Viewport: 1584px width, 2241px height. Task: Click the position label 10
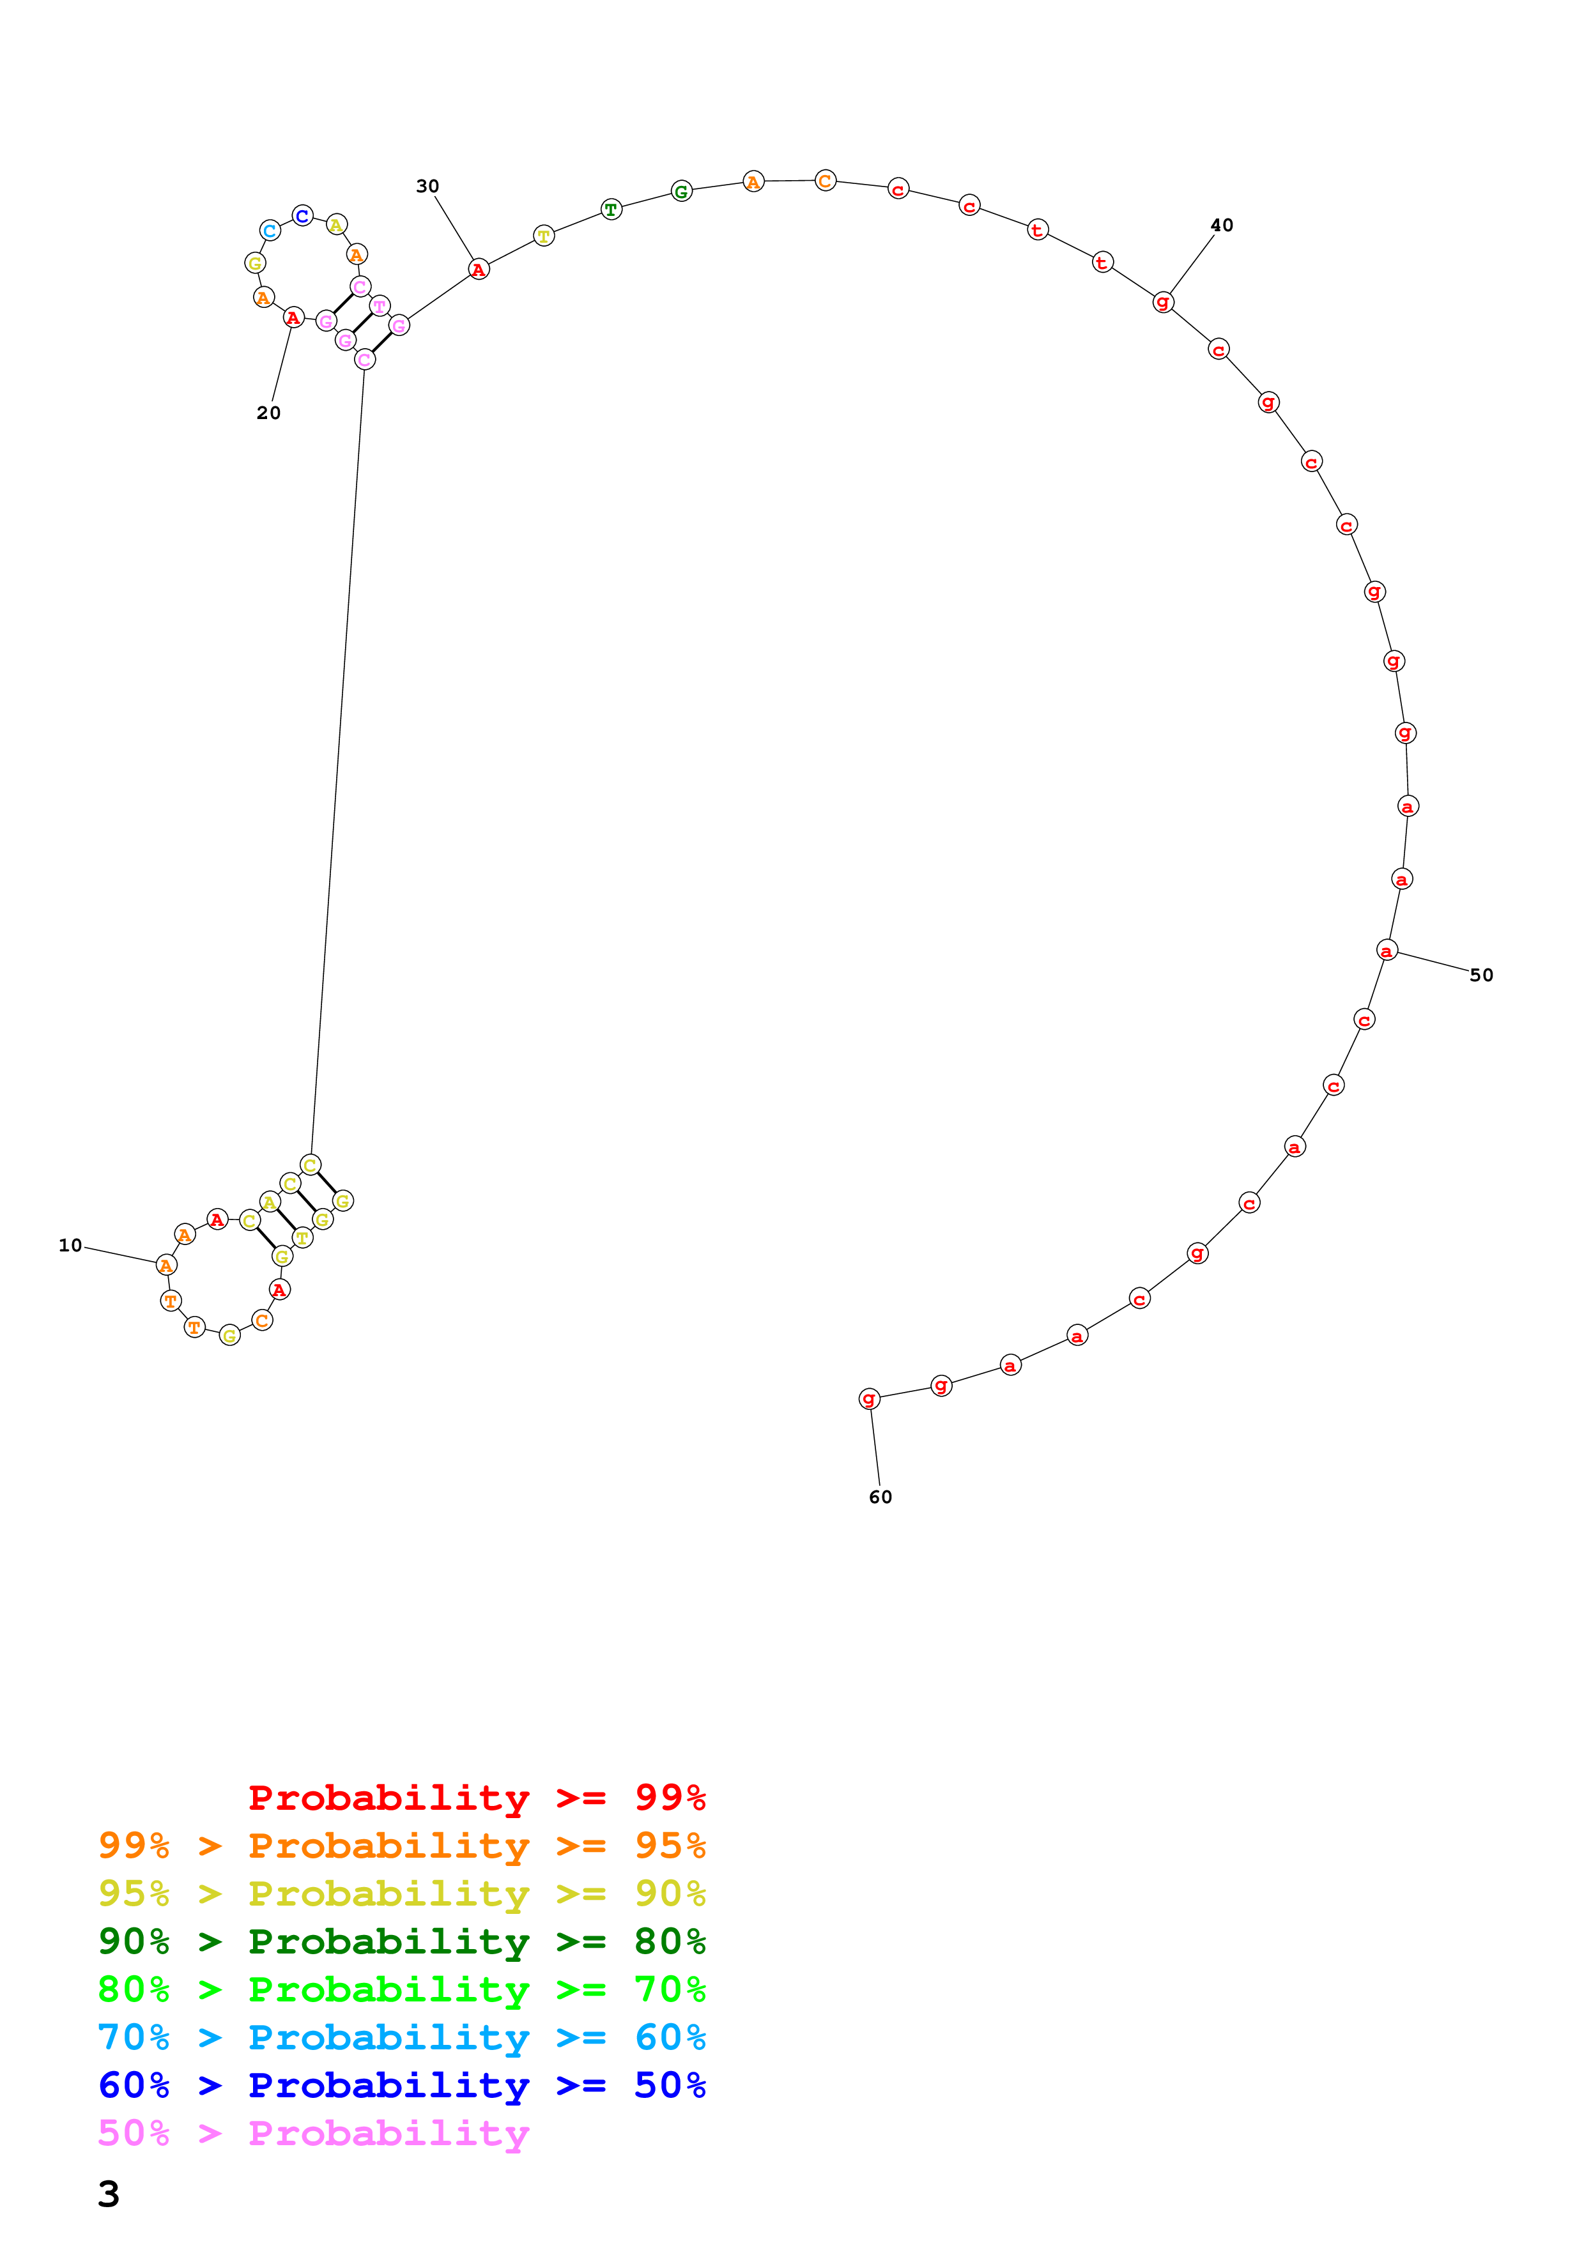70,1246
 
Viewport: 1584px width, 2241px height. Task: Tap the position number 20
268,413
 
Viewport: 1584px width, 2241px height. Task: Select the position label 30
427,187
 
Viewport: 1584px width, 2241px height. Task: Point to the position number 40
1221,226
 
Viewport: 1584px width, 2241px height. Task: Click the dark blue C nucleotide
302,216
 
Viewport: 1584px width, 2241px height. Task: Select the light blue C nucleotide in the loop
270,231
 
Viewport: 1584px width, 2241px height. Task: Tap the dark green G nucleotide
681,191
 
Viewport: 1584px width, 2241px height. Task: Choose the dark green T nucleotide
611,210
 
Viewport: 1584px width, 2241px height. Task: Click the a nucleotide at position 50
1386,951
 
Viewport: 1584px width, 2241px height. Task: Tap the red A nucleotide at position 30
478,270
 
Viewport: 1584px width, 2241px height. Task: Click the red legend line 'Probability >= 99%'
476,1798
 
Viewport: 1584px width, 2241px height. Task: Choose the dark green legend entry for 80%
401,1941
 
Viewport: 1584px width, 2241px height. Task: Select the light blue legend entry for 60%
401,2037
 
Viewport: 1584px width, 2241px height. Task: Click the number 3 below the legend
109,2194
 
